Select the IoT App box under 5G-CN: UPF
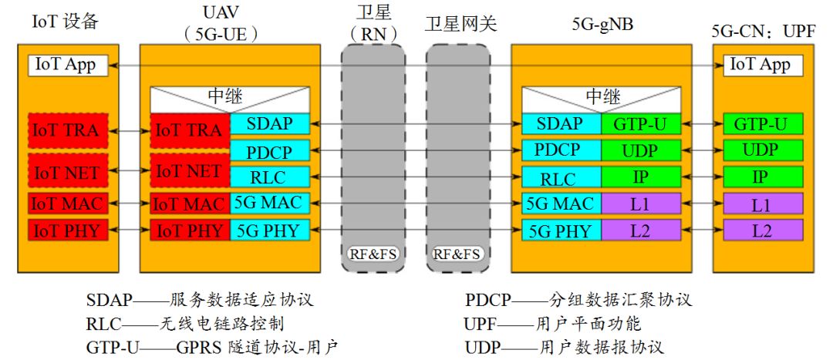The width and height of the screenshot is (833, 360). [760, 65]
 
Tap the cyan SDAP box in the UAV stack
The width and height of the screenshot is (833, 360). [269, 123]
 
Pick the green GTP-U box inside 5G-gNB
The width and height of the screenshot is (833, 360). [640, 123]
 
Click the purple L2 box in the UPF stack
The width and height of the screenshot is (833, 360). [761, 230]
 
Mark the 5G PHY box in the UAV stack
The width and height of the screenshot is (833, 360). [269, 230]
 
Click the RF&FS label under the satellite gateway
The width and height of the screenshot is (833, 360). [457, 254]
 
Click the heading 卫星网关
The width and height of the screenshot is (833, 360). [460, 24]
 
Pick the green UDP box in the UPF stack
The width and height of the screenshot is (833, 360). [761, 150]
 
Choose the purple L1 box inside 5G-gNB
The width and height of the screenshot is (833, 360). [640, 204]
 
